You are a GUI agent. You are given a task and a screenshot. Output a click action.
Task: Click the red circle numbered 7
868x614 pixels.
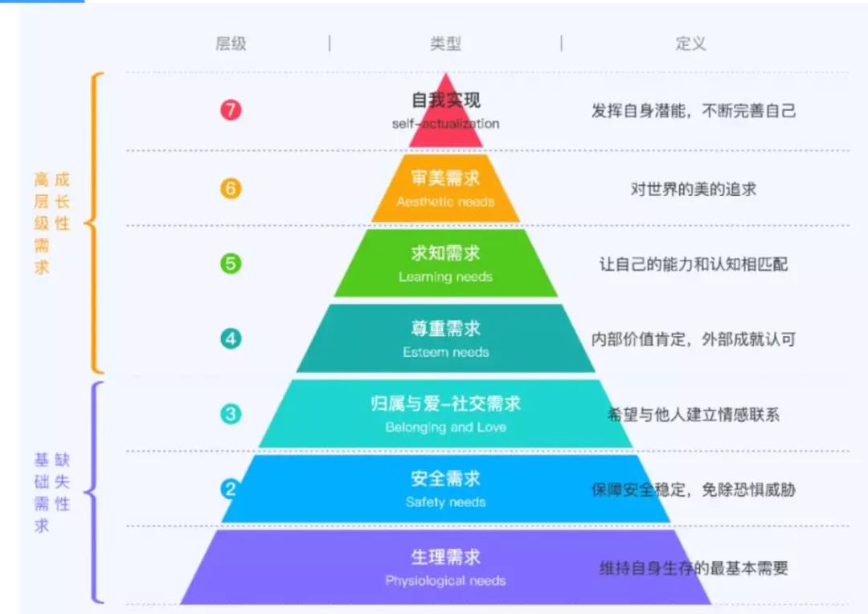point(231,109)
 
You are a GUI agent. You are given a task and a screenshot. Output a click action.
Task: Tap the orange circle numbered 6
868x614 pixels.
point(231,188)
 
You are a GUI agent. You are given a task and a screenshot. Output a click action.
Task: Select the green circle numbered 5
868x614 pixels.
point(231,263)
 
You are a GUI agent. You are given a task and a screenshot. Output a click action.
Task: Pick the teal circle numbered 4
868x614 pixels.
point(231,338)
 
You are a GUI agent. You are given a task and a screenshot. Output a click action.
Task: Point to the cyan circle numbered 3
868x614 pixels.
point(231,414)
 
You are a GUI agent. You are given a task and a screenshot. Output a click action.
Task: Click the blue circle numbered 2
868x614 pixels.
point(230,489)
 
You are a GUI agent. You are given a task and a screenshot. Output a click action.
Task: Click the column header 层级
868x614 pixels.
point(231,43)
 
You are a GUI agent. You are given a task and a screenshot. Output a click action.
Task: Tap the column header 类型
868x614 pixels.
point(445,43)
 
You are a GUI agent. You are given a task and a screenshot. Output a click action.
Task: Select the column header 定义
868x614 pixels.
point(691,43)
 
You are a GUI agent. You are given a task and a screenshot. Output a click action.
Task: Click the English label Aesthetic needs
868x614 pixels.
point(445,202)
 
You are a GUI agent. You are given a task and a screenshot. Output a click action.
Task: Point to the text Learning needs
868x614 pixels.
point(445,276)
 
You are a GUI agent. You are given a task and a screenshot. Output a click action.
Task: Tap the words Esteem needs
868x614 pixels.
point(445,352)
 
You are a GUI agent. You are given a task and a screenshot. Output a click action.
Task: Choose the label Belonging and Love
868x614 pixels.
point(445,428)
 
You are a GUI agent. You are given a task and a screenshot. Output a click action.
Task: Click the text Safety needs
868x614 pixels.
point(445,502)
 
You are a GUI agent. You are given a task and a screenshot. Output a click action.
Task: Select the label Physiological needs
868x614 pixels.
point(445,581)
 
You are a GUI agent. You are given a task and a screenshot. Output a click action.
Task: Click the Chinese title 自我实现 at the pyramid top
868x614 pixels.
point(445,100)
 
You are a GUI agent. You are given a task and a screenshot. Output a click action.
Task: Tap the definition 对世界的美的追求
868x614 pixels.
point(693,190)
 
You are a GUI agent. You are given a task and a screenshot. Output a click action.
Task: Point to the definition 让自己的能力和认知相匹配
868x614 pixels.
point(693,264)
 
